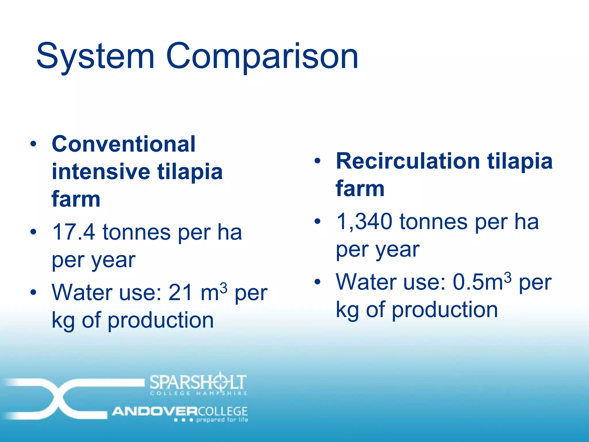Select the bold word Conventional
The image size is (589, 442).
point(124,144)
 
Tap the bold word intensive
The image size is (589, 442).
point(101,172)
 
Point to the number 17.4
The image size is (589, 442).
point(74,232)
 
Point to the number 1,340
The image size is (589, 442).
point(364,222)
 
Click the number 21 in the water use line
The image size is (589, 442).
point(180,293)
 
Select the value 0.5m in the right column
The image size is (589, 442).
point(477,282)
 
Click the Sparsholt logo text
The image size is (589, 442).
point(198,382)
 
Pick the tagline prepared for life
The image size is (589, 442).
point(222,420)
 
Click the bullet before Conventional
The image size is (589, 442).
point(33,144)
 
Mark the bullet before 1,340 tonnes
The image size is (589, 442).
point(317,221)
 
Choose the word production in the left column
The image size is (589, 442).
point(161,320)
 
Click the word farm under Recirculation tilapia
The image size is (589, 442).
point(360,189)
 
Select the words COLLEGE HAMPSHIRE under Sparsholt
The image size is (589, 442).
point(198,393)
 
